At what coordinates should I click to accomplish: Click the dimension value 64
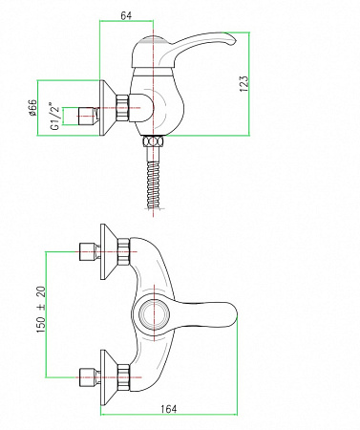click(x=126, y=15)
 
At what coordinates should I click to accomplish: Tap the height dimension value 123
click(x=244, y=84)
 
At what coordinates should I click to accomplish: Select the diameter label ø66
click(x=32, y=108)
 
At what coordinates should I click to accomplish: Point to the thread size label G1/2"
click(x=55, y=116)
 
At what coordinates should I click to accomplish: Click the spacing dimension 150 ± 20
click(x=41, y=310)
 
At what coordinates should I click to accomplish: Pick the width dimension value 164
click(x=169, y=409)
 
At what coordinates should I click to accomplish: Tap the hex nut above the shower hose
click(x=153, y=141)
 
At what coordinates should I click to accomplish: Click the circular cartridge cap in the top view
click(x=153, y=314)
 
